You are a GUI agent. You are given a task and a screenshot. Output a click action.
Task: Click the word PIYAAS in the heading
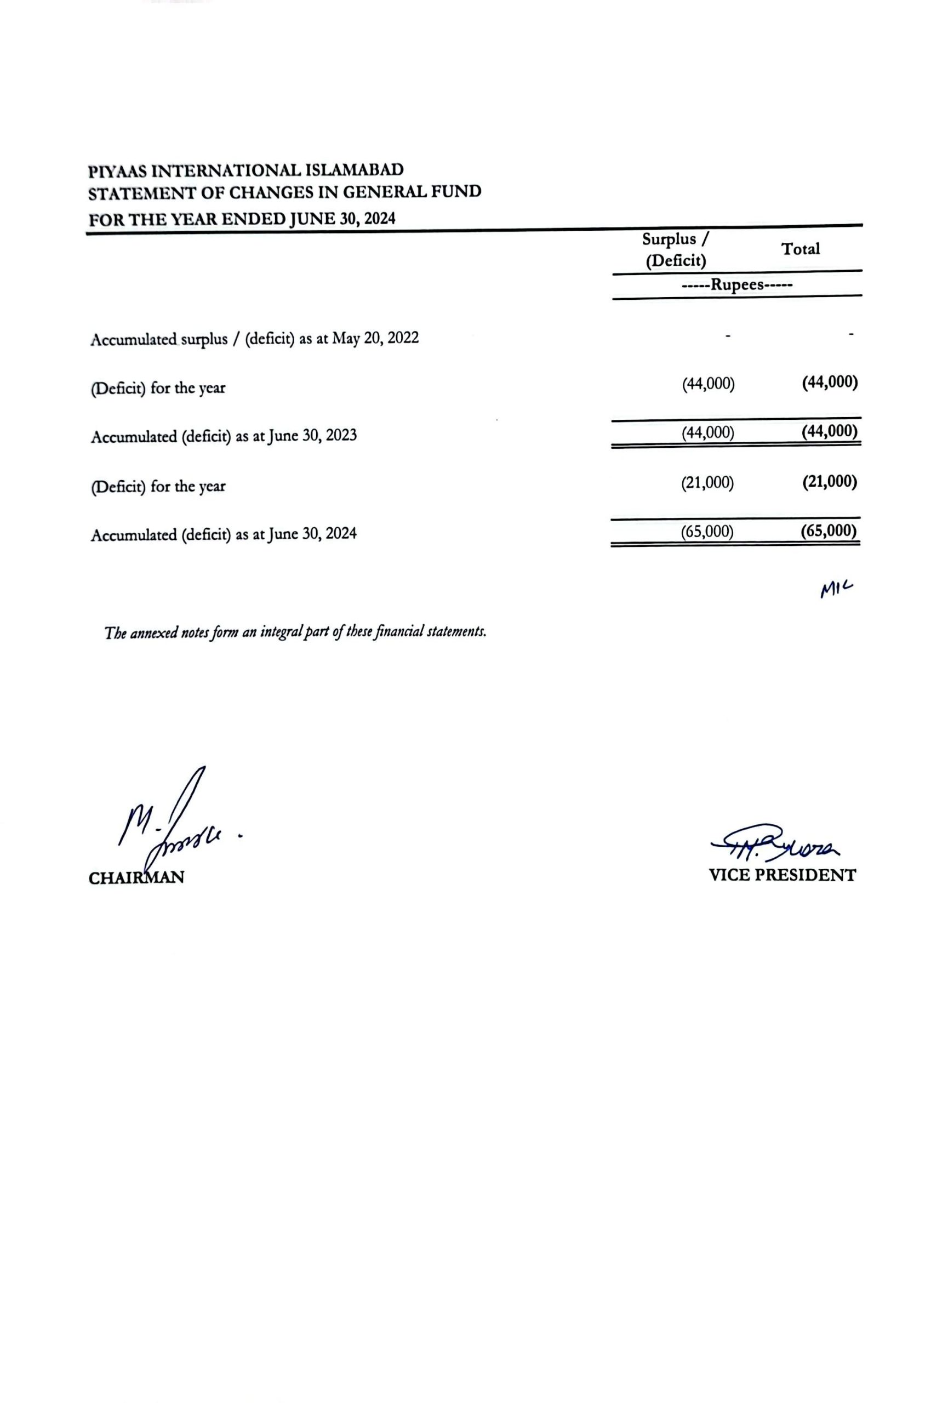click(x=117, y=172)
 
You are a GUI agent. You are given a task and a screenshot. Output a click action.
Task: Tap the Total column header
click(x=800, y=249)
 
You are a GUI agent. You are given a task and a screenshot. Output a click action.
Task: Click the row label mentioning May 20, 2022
click(x=254, y=339)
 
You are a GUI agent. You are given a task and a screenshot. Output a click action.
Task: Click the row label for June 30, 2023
click(x=223, y=436)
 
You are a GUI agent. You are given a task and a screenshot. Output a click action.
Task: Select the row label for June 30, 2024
click(x=223, y=534)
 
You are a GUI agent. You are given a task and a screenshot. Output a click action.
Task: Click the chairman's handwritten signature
click(x=175, y=824)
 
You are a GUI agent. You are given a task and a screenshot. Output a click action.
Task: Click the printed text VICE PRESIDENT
click(x=782, y=875)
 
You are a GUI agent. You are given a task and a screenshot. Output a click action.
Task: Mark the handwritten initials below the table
click(x=836, y=589)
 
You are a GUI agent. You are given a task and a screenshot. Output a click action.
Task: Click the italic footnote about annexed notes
click(x=295, y=632)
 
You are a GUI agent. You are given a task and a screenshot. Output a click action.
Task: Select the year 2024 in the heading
click(x=380, y=218)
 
